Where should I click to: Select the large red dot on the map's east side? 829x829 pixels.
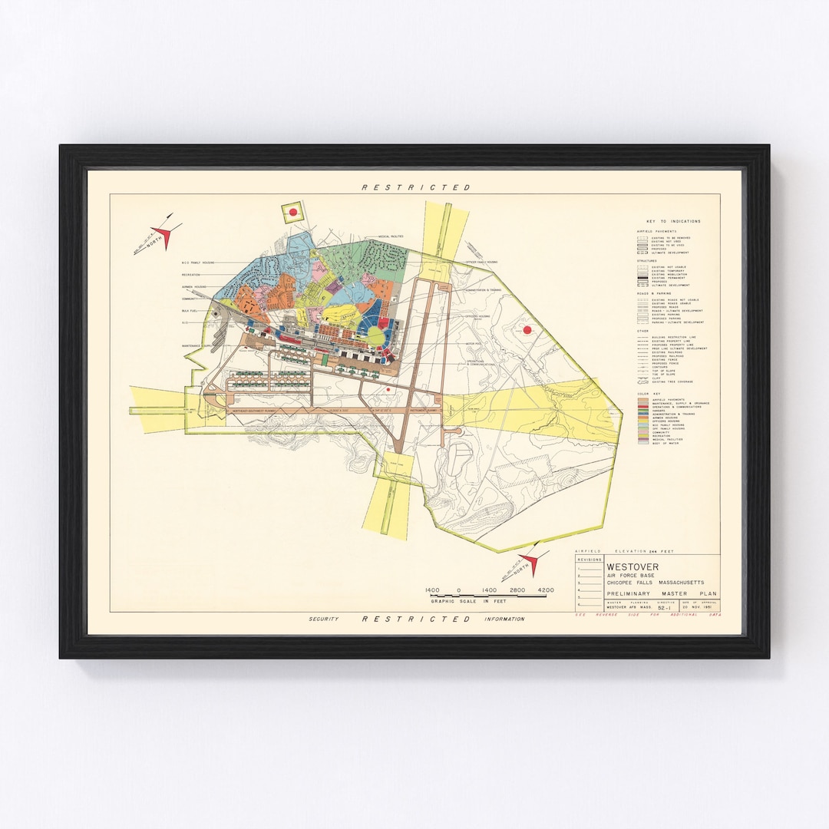point(527,330)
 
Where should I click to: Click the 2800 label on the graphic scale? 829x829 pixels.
point(517,590)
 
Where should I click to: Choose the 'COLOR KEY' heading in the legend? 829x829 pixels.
point(650,391)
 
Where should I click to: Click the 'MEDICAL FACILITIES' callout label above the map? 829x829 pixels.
point(391,236)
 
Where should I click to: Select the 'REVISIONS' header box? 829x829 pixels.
point(589,560)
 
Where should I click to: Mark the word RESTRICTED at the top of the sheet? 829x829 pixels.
point(416,187)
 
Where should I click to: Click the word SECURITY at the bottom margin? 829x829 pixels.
point(323,619)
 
